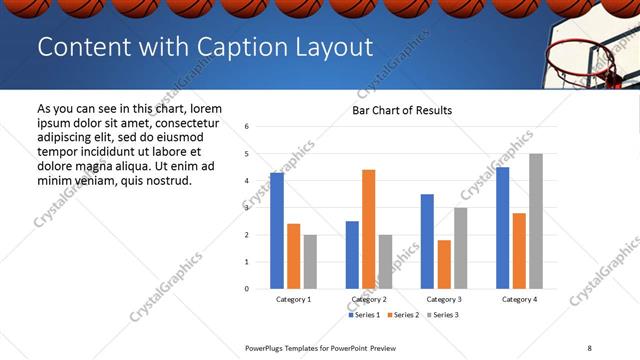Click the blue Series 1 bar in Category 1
pos(277,231)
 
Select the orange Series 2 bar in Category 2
pos(368,229)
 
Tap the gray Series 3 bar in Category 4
pos(536,221)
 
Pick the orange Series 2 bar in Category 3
pos(444,264)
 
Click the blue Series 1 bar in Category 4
pos(502,228)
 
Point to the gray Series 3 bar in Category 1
pos(310,262)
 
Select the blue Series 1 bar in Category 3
pos(427,241)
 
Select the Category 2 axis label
pos(369,299)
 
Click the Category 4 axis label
pos(519,299)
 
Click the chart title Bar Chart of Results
pos(402,110)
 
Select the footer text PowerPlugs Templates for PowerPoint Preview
pos(321,347)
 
